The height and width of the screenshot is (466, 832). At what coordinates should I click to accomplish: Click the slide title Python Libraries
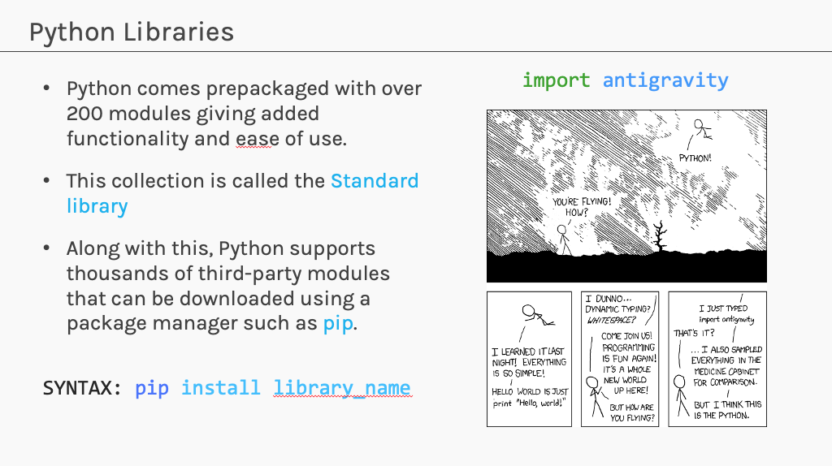pyautogui.click(x=131, y=32)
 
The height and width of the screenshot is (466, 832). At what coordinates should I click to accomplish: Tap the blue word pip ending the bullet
pyautogui.click(x=337, y=323)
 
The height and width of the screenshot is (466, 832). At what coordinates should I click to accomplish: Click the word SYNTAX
pyautogui.click(x=82, y=388)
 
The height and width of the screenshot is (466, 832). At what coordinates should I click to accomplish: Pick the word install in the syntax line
pyautogui.click(x=221, y=388)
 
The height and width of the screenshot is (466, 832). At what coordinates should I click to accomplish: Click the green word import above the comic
pyautogui.click(x=556, y=80)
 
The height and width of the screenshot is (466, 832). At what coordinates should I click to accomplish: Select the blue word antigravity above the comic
pyautogui.click(x=665, y=80)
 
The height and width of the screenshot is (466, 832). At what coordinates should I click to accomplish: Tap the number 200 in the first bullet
pyautogui.click(x=84, y=114)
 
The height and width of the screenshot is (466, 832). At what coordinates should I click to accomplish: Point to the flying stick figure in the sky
pyautogui.click(x=701, y=129)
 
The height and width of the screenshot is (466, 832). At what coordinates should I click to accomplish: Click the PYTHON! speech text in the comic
pyautogui.click(x=695, y=158)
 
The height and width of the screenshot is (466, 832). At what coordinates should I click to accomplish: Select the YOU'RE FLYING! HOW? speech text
pyautogui.click(x=582, y=207)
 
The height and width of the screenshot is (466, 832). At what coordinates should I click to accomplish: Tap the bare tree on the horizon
pyautogui.click(x=660, y=236)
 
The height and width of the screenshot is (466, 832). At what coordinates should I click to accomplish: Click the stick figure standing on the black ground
pyautogui.click(x=564, y=240)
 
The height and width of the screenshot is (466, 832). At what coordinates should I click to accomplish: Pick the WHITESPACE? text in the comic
pyautogui.click(x=611, y=320)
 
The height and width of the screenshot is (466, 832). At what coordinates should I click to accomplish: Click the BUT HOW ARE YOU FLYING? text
pyautogui.click(x=632, y=412)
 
